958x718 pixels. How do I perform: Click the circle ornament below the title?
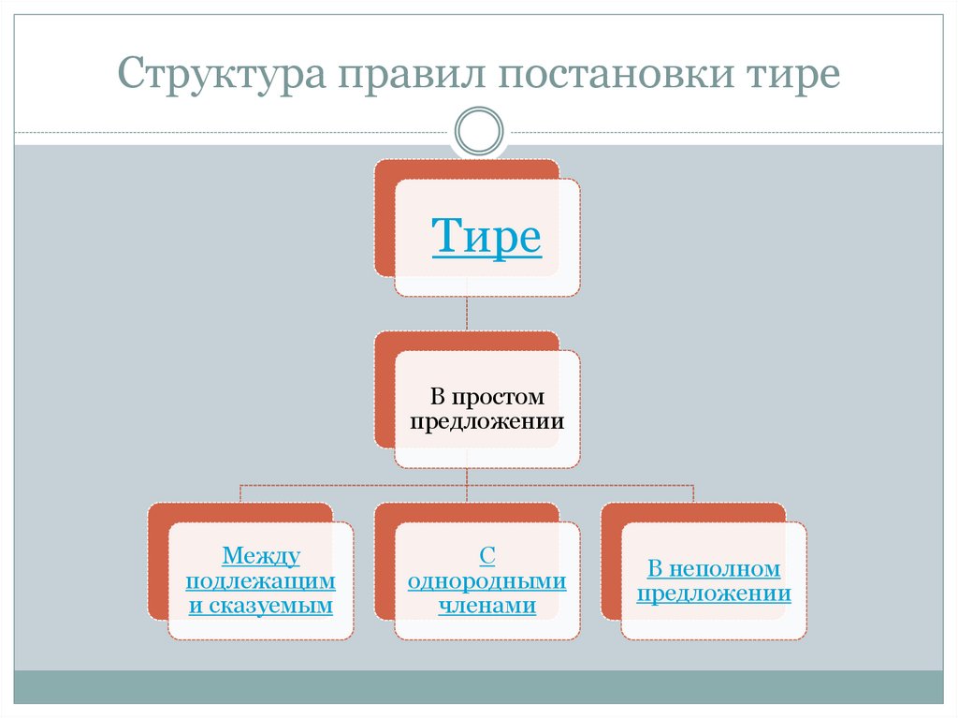click(x=478, y=130)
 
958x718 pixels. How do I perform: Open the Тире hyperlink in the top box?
click(x=486, y=237)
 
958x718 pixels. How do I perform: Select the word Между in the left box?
click(x=261, y=557)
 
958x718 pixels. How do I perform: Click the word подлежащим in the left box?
click(x=261, y=580)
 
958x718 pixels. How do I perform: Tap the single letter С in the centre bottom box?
click(x=486, y=557)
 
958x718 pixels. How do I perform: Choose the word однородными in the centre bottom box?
click(x=486, y=580)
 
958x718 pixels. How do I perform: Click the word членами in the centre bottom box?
click(x=486, y=605)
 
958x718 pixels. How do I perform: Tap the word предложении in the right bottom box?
click(x=714, y=593)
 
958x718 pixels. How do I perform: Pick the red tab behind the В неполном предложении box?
click(x=611, y=562)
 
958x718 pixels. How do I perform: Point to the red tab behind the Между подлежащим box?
click(x=158, y=562)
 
